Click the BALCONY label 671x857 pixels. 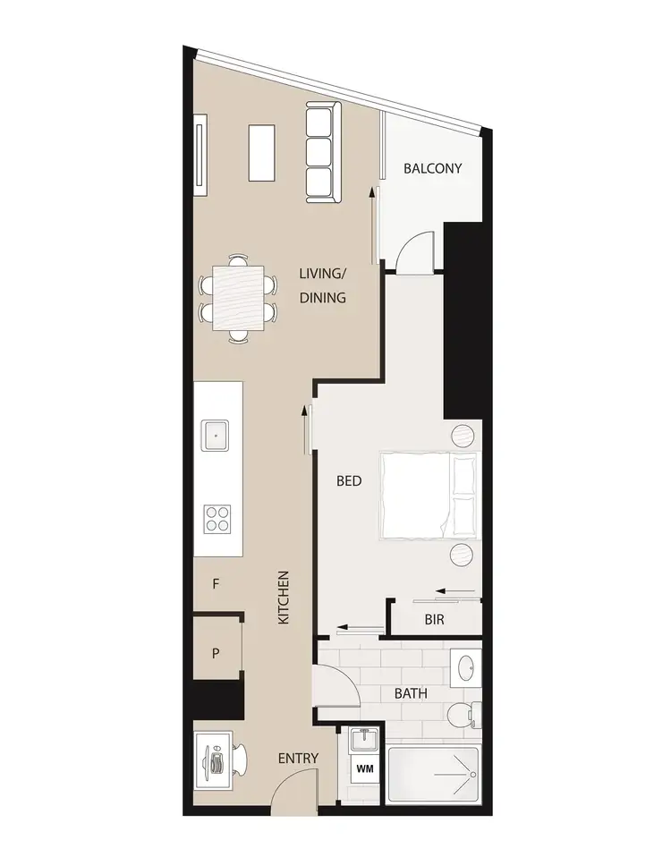click(x=432, y=167)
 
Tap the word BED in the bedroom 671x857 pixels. click(x=349, y=481)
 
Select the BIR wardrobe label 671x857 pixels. click(x=435, y=619)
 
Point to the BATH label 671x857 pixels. click(x=411, y=693)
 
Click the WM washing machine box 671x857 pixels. click(x=364, y=768)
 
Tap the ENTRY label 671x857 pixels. click(x=298, y=759)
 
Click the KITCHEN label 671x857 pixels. click(x=284, y=598)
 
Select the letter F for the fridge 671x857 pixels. click(x=216, y=584)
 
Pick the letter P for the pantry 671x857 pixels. click(x=216, y=653)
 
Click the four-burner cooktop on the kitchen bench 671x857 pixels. click(x=218, y=518)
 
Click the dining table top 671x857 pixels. click(x=239, y=299)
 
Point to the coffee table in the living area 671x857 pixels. click(x=262, y=152)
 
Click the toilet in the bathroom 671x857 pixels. click(x=463, y=715)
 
